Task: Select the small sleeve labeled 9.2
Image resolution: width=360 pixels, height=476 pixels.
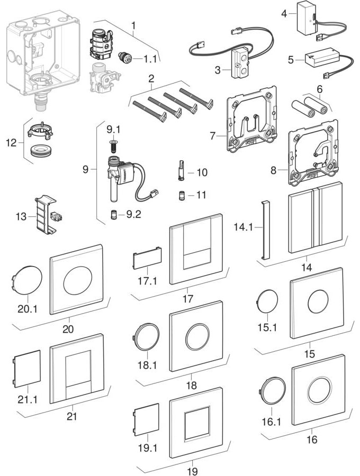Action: tap(113, 214)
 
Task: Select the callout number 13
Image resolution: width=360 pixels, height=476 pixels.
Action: tap(20, 217)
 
